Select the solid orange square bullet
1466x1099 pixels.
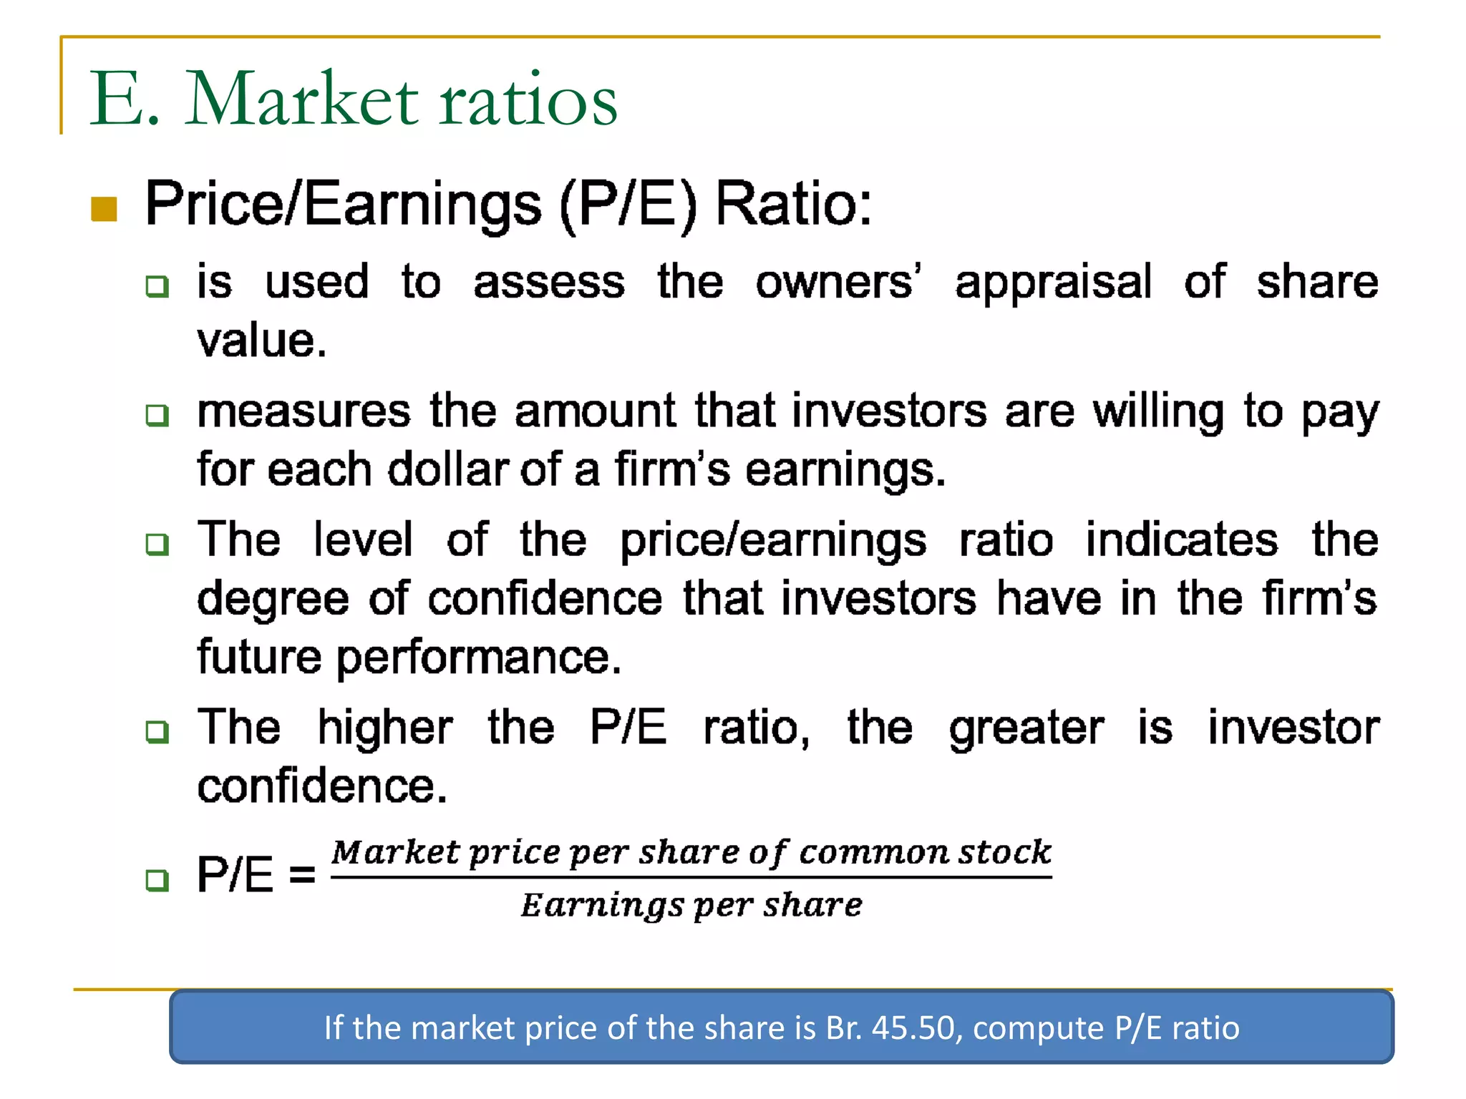(105, 210)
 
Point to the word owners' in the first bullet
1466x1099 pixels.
(838, 282)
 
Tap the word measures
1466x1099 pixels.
(304, 411)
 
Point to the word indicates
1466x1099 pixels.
(1181, 539)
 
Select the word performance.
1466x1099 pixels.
(479, 658)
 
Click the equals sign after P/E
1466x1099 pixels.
(302, 874)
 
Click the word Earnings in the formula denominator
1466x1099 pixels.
(602, 906)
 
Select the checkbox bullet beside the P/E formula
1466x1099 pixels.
(157, 879)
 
